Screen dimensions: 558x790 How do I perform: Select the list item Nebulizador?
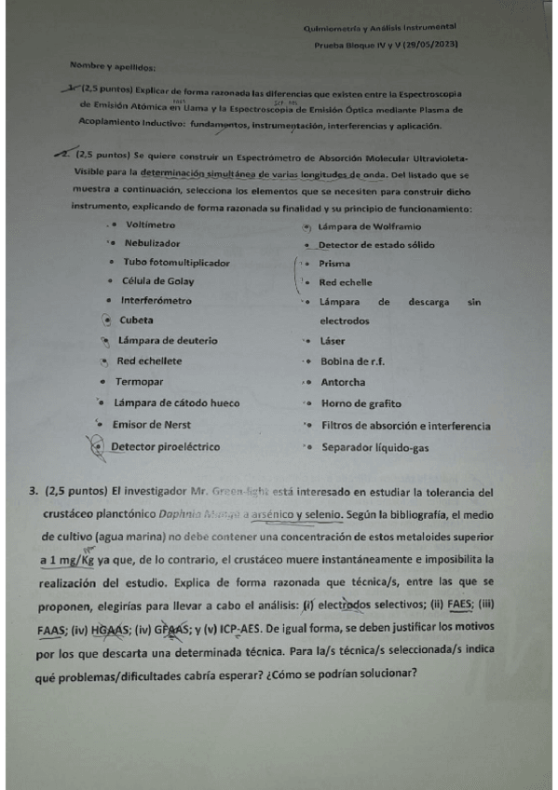(153, 243)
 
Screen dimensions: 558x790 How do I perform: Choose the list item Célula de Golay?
(157, 281)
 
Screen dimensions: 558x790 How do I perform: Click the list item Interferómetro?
(156, 301)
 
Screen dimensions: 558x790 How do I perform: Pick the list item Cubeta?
(136, 320)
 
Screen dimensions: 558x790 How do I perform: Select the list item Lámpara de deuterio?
(168, 339)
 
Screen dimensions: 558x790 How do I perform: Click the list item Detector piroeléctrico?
(165, 447)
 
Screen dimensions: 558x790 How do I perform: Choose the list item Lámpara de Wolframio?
(369, 226)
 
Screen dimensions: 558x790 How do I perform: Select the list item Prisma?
(334, 264)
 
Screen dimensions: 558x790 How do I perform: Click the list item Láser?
(332, 341)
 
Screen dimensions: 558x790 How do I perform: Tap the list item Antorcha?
(342, 383)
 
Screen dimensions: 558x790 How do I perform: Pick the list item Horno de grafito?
(360, 404)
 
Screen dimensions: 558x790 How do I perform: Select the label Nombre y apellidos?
(113, 66)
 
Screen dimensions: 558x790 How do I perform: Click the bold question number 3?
(34, 490)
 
